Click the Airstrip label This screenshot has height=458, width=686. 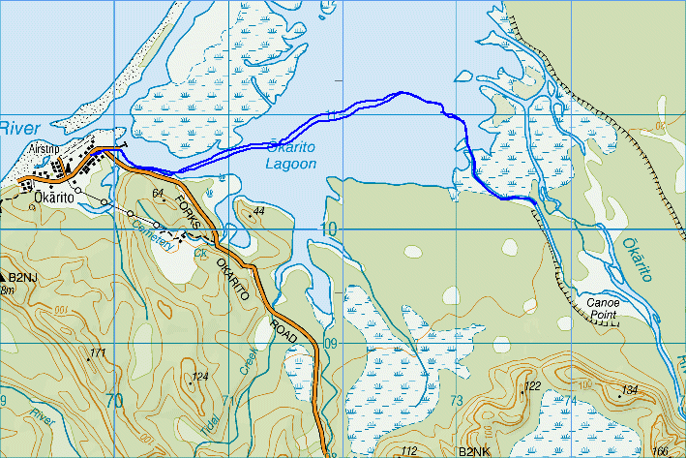pyautogui.click(x=45, y=149)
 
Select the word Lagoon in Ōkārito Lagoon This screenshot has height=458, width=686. pyautogui.click(x=290, y=165)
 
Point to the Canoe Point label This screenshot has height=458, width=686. pyautogui.click(x=605, y=308)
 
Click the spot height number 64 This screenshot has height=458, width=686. pyautogui.click(x=160, y=194)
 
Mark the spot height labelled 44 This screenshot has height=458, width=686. pyautogui.click(x=258, y=210)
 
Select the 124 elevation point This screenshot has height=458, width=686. pyautogui.click(x=199, y=376)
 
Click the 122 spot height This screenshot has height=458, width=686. pyautogui.click(x=531, y=386)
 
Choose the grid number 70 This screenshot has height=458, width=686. pyautogui.click(x=115, y=400)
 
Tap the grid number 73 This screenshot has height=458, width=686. pyautogui.click(x=458, y=400)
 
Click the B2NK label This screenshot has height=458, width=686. pyautogui.click(x=475, y=451)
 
